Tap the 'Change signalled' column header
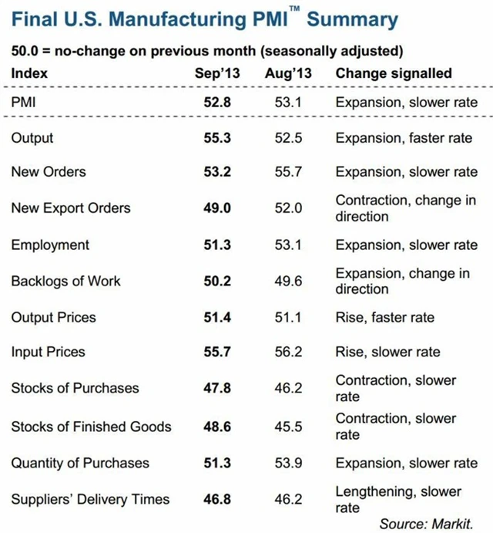coord(394,73)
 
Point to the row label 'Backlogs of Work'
coord(65,281)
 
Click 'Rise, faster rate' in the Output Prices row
coord(384,317)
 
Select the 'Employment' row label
coord(50,245)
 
